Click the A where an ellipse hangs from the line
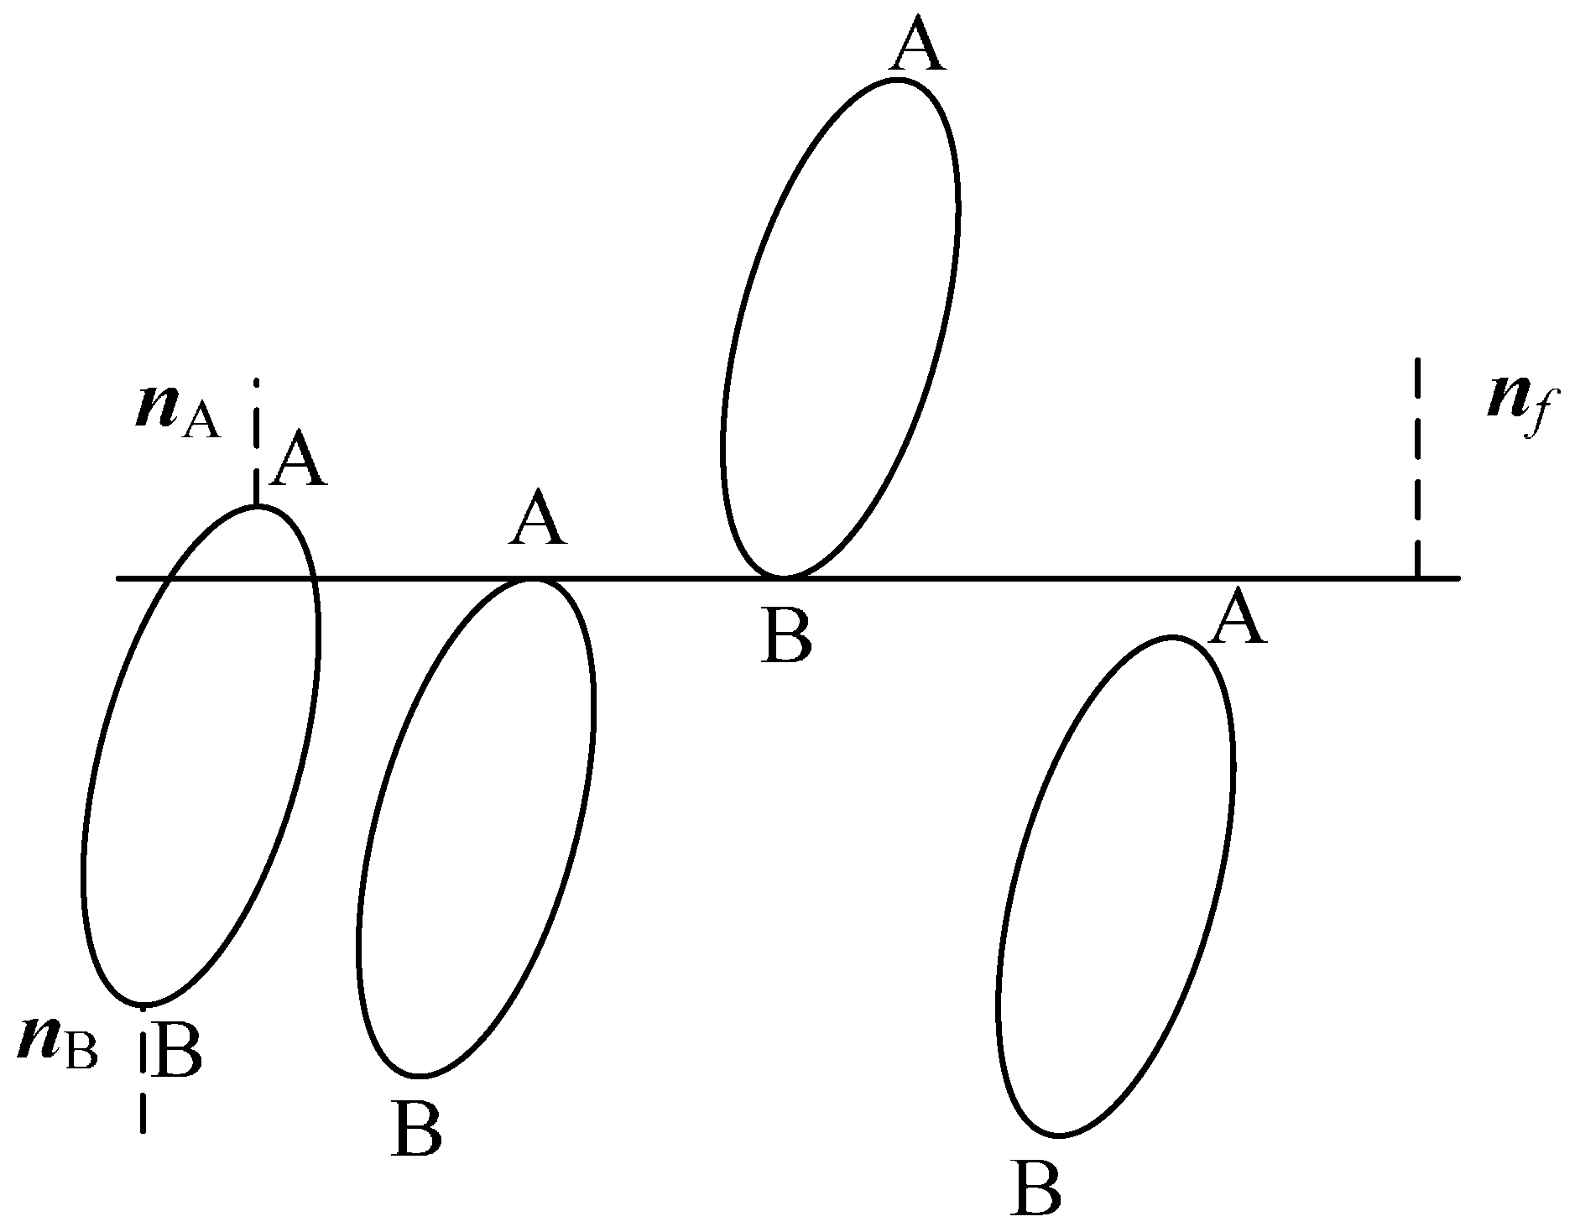pos(537,521)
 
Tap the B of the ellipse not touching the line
pos(1037,1188)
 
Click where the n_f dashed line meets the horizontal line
pos(1417,577)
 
